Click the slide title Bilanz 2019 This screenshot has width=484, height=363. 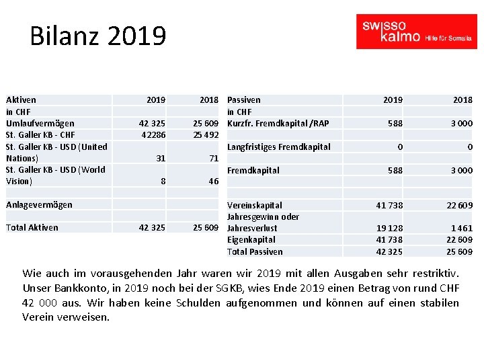97,36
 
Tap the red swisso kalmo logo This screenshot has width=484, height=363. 416,32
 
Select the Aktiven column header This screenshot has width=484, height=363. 21,99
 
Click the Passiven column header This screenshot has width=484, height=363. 244,99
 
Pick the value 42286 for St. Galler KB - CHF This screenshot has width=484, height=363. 153,134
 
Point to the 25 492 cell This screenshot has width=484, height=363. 205,134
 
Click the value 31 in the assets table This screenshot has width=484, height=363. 160,158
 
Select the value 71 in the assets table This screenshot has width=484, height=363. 213,158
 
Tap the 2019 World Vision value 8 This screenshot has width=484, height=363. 163,182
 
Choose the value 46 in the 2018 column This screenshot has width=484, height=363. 213,182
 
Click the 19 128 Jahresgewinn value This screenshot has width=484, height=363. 389,228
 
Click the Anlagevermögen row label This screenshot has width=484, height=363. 39,204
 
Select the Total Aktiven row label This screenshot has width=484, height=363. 32,227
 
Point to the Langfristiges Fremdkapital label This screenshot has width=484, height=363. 279,147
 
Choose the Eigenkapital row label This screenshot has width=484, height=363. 251,239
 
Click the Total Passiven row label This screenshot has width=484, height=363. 255,251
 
